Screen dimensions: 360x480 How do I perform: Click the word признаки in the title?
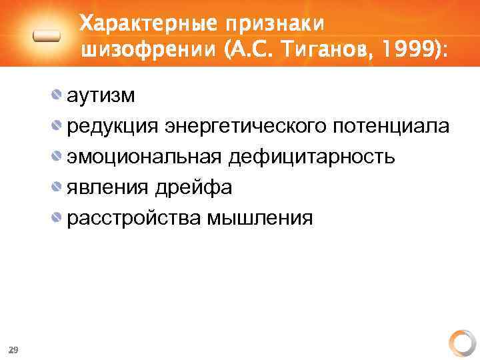[x=275, y=25]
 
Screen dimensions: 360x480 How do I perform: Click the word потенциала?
[x=393, y=127]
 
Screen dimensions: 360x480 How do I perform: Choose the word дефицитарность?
[x=311, y=157]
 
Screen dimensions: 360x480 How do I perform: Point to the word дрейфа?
[x=194, y=188]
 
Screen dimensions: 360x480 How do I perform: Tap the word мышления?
[x=260, y=219]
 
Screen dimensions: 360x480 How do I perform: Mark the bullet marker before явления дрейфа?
[x=58, y=187]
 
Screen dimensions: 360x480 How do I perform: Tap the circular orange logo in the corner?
[x=461, y=343]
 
